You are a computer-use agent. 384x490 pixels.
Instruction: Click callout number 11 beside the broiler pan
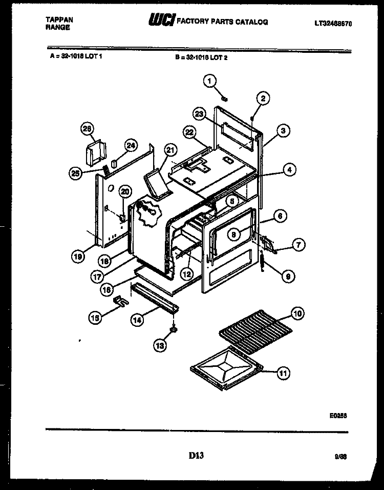pyautogui.click(x=282, y=374)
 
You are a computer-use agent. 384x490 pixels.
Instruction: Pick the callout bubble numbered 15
pyautogui.click(x=95, y=318)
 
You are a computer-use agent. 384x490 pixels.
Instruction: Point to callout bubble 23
pyautogui.click(x=199, y=114)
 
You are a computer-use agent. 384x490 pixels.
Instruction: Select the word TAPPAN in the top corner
pyautogui.click(x=59, y=19)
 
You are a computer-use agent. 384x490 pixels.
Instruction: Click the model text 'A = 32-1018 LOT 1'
pyautogui.click(x=77, y=57)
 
